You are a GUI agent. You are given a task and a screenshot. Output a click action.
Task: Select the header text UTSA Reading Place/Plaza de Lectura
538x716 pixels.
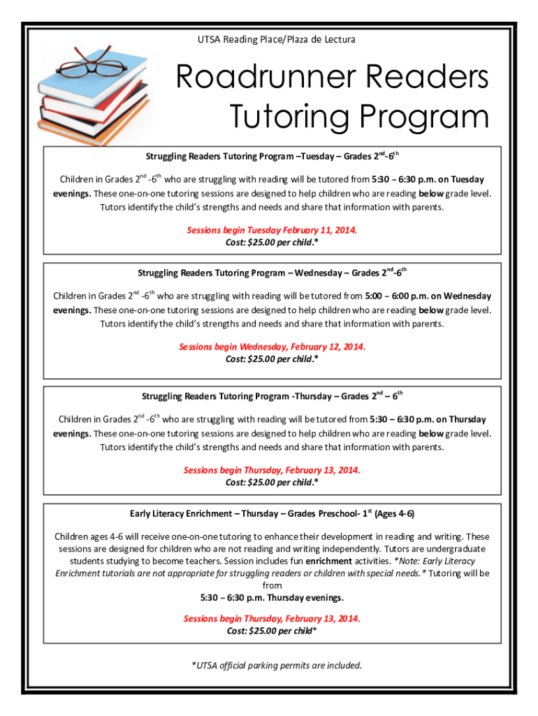click(277, 39)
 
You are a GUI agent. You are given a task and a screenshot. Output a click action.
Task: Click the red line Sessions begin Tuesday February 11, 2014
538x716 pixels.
click(272, 229)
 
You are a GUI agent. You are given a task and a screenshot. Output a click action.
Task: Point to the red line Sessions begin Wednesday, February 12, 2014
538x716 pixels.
click(272, 347)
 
